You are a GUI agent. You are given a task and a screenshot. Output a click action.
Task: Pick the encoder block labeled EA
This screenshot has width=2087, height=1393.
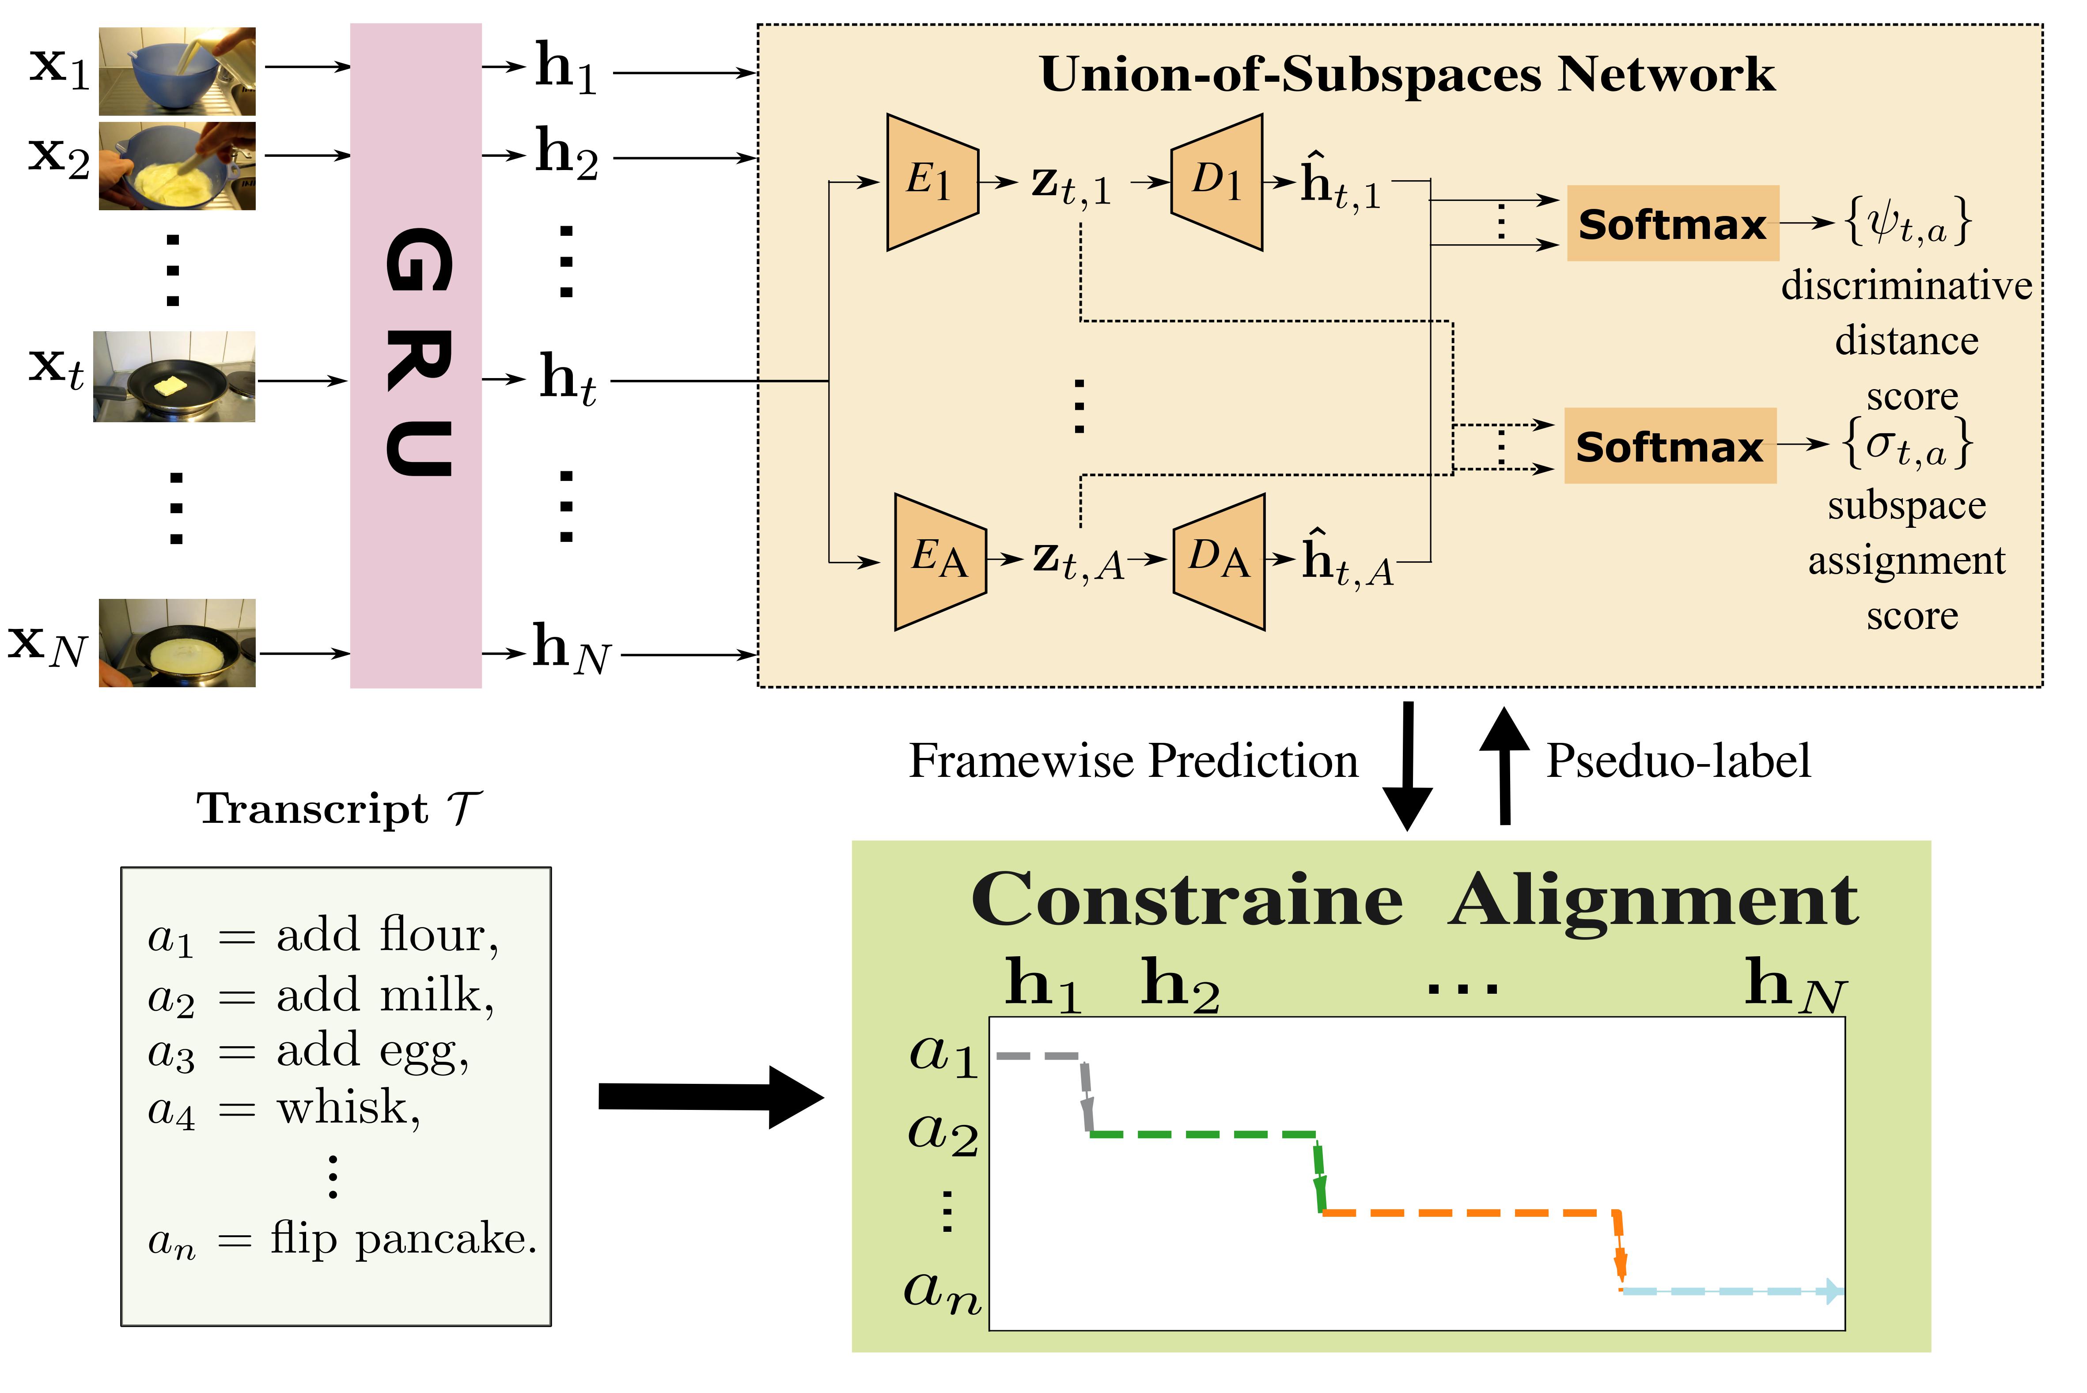tap(939, 561)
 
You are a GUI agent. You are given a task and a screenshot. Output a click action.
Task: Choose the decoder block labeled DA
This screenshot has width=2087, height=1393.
tap(1219, 561)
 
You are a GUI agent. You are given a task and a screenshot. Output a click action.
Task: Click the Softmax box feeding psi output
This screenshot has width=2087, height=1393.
tap(1672, 224)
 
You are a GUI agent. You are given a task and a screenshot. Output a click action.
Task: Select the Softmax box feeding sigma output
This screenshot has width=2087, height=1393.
tap(1670, 446)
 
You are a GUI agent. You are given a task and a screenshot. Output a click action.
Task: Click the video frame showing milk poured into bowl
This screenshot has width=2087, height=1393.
tap(177, 71)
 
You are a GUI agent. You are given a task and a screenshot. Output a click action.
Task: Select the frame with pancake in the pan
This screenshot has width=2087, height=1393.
tap(177, 643)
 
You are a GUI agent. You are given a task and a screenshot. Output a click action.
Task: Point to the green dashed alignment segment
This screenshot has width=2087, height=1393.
tap(1204, 1135)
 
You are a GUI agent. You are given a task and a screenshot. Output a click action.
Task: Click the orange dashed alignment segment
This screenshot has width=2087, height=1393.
tap(1470, 1213)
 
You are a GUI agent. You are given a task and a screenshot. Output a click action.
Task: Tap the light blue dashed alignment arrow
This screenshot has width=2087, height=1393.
tap(1732, 1291)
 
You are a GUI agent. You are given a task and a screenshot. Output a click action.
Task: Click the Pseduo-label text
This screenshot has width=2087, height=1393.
tap(1678, 761)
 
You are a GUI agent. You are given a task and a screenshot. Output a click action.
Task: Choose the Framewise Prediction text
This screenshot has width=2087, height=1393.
tap(1133, 761)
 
